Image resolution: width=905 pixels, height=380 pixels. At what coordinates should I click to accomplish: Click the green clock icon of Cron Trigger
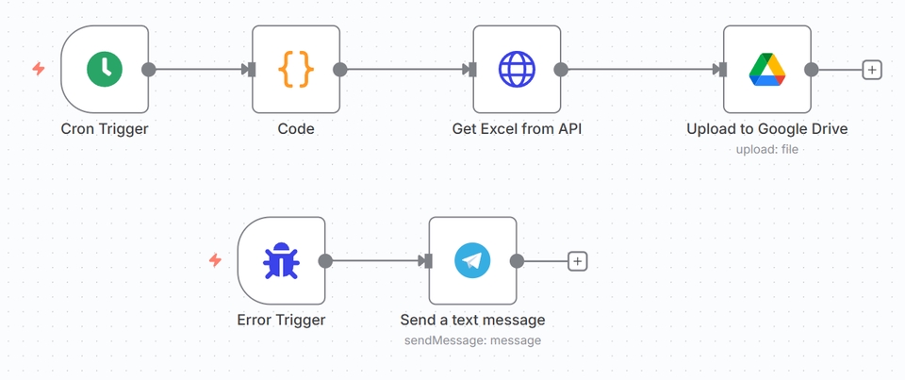tap(105, 69)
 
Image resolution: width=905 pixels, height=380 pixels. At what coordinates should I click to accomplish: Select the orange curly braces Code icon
tap(296, 69)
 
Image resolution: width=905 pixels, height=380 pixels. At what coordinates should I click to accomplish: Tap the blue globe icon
tap(517, 69)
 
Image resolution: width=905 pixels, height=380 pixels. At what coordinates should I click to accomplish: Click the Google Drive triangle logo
tap(766, 69)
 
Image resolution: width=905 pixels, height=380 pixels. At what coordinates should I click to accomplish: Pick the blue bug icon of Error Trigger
tap(281, 261)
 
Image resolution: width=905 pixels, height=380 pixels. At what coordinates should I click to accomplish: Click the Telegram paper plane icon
tap(472, 261)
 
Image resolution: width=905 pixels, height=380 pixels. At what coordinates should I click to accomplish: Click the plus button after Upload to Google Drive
tap(872, 69)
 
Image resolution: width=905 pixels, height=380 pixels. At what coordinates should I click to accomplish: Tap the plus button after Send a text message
tap(577, 261)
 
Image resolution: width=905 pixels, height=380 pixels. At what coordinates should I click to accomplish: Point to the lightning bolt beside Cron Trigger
tap(39, 69)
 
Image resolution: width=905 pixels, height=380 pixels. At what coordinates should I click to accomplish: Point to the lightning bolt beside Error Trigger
tap(215, 260)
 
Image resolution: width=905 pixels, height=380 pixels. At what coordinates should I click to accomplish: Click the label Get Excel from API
tap(517, 128)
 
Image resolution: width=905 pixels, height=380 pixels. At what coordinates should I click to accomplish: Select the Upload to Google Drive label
tap(766, 128)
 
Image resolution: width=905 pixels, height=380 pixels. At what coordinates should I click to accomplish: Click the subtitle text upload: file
tap(766, 149)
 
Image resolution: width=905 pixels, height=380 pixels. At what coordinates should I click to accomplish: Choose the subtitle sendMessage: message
tap(472, 340)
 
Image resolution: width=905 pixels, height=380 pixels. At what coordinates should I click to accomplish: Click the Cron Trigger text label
tap(105, 128)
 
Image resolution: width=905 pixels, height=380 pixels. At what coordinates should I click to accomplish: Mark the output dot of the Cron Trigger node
tap(148, 69)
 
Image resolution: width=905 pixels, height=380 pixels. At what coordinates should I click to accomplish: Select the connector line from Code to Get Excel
tap(405, 69)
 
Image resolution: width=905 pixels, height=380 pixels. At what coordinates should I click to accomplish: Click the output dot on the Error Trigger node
tap(325, 261)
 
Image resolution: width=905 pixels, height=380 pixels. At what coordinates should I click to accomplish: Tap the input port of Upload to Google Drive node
tap(721, 69)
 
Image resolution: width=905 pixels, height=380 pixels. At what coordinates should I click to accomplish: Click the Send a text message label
tap(472, 320)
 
